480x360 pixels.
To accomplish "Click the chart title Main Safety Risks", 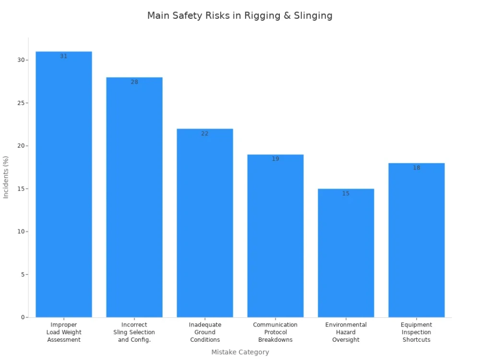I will point(240,15).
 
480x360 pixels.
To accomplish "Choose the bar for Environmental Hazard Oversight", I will point(346,254).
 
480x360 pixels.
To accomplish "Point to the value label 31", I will point(64,56).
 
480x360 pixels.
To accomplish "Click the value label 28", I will point(134,82).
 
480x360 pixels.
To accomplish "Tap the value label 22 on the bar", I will point(205,133).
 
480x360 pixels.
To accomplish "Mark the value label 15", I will point(346,193).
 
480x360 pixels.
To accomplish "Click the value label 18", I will point(417,168).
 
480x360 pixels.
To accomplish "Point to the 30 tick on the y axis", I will point(20,60).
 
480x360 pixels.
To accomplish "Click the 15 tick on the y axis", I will point(20,189).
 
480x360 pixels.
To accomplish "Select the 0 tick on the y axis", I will point(22,317).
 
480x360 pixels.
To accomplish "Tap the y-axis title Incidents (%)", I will point(6,177).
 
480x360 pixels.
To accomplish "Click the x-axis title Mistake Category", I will point(240,352).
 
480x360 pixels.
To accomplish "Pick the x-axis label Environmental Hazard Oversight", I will point(346,332).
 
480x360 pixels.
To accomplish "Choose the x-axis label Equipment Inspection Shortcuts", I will point(417,332).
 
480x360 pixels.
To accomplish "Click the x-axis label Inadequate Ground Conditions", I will point(205,332).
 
